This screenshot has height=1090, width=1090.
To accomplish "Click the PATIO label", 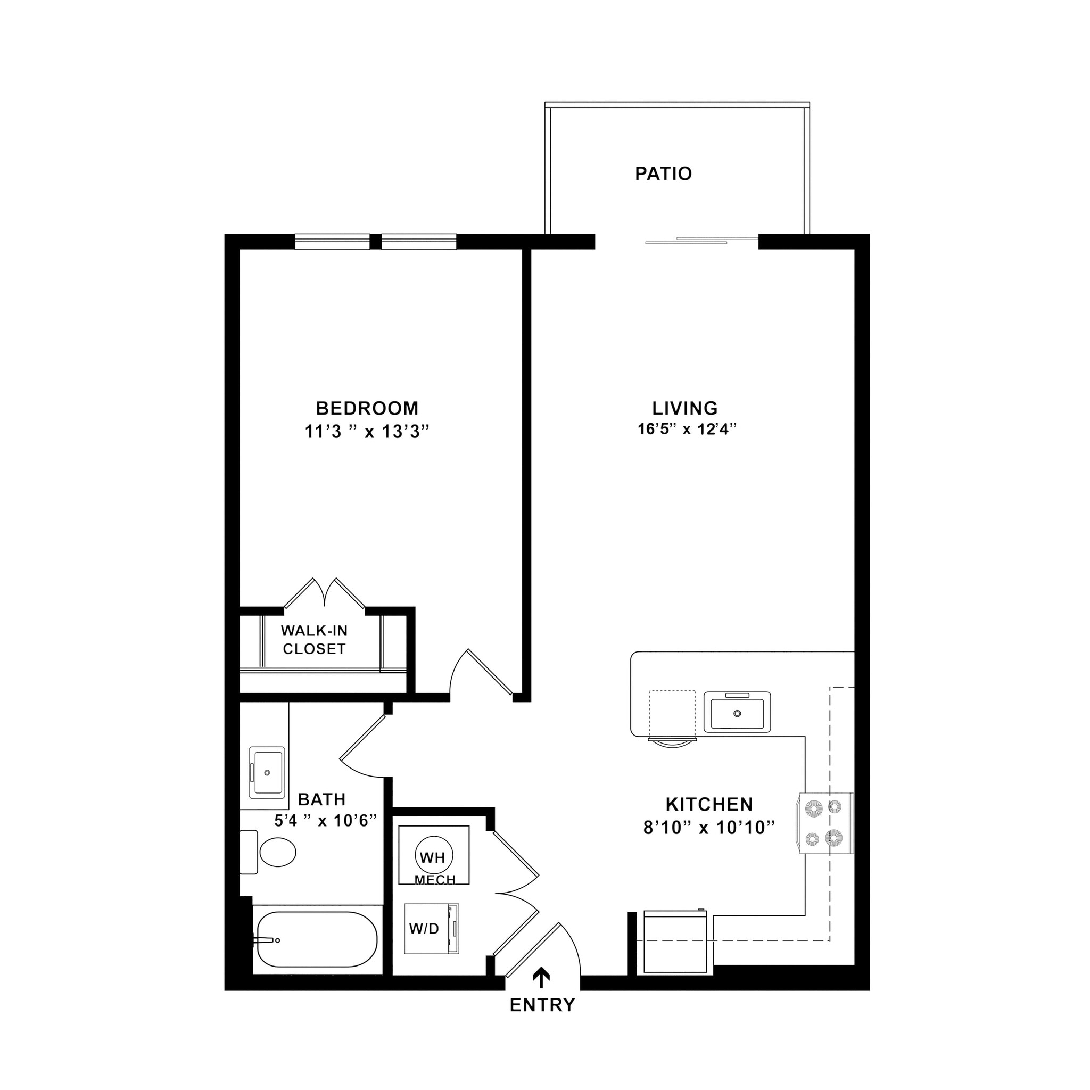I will click(x=663, y=173).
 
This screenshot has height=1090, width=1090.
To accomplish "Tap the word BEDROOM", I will click(x=367, y=407).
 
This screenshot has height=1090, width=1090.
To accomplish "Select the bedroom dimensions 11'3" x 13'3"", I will click(x=367, y=432).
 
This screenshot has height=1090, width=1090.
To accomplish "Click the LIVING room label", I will click(x=685, y=407).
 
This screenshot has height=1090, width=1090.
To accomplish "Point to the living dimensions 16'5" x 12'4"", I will click(x=687, y=430).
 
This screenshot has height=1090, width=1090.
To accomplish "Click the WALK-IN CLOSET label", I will click(x=314, y=640).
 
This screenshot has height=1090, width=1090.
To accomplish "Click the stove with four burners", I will click(x=824, y=823).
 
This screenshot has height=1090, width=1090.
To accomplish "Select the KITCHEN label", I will click(x=709, y=804).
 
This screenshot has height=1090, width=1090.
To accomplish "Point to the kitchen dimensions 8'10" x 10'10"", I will click(x=708, y=828).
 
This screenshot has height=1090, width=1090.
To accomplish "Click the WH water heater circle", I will click(x=433, y=857).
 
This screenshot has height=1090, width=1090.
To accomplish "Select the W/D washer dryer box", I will click(x=431, y=929).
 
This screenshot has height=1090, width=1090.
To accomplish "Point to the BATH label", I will click(x=321, y=799).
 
